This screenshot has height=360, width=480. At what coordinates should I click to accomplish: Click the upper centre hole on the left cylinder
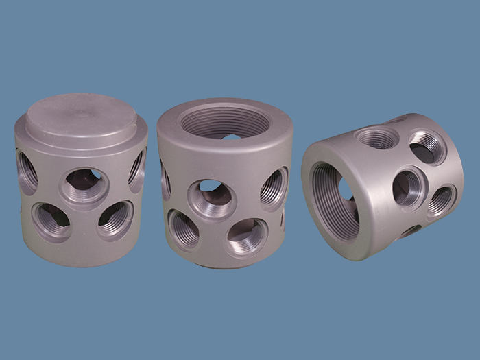click(x=84, y=184)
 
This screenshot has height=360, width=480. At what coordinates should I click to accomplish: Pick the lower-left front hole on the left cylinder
click(x=52, y=221)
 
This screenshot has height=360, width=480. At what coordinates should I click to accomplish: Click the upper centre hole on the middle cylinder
click(x=212, y=197)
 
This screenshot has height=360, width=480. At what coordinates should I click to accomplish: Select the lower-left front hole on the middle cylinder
click(x=183, y=229)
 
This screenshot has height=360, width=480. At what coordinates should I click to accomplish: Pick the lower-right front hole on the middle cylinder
click(x=246, y=237)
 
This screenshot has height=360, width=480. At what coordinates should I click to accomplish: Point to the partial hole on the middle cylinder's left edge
click(x=165, y=182)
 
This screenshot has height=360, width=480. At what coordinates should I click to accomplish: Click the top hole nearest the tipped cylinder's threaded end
click(x=376, y=137)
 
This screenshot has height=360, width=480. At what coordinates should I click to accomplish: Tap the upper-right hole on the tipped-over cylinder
click(x=427, y=147)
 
